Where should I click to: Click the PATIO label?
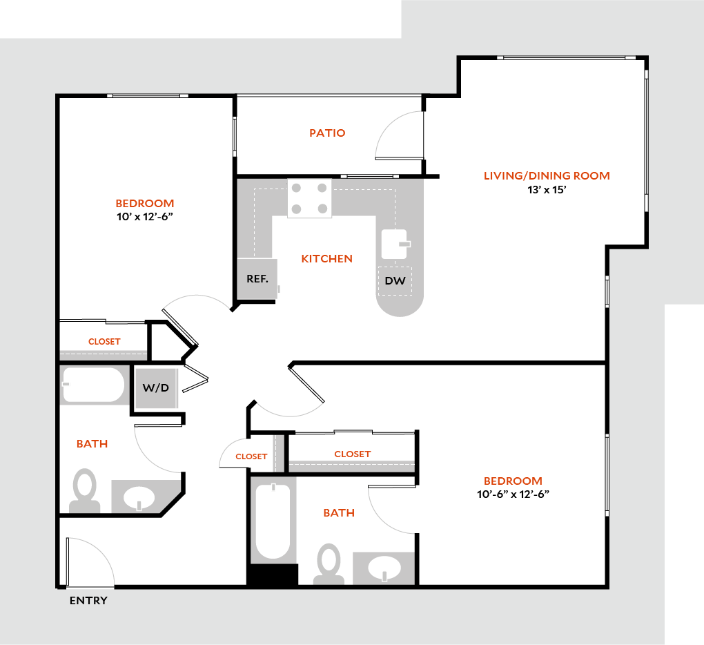click(327, 133)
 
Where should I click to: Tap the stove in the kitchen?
click(309, 198)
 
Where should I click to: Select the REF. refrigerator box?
click(257, 279)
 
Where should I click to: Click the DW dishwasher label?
click(395, 281)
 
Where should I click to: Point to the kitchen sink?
click(395, 244)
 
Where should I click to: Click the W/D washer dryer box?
click(155, 387)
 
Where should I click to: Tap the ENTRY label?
click(88, 601)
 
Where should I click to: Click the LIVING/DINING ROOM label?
click(547, 175)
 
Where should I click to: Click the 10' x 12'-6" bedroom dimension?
click(144, 217)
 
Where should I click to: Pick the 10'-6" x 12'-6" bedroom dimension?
click(513, 494)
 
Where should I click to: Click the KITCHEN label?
click(326, 259)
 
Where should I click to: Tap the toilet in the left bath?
click(86, 490)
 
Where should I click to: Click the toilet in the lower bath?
click(329, 564)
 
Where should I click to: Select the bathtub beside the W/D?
click(93, 385)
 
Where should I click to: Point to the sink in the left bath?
click(140, 497)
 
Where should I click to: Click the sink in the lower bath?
click(384, 568)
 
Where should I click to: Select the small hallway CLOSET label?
click(251, 456)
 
